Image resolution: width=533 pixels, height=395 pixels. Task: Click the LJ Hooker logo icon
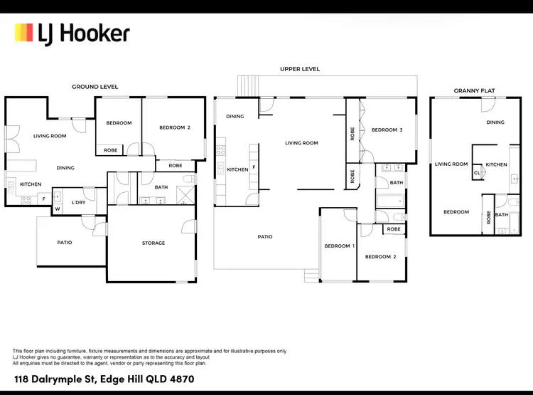tap(24, 33)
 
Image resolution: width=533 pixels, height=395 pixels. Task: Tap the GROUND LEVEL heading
tap(95, 87)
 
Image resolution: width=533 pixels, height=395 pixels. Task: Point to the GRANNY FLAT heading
tap(474, 91)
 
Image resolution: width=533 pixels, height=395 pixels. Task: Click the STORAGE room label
tap(153, 243)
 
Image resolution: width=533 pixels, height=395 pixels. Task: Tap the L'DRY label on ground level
tap(78, 203)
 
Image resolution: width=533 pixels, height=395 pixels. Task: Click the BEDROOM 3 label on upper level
tap(387, 130)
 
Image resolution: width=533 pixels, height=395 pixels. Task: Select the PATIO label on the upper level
tap(264, 237)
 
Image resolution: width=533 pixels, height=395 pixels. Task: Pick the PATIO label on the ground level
tap(64, 243)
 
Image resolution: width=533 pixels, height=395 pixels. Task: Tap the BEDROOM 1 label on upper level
tap(338, 246)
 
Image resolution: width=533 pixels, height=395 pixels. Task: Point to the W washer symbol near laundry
tap(57, 209)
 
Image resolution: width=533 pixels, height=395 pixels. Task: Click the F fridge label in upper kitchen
tap(254, 167)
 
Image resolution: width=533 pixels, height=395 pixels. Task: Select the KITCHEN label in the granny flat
tap(496, 164)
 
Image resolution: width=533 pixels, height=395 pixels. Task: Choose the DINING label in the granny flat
tap(495, 122)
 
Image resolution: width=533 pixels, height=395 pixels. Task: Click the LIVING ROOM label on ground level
tap(50, 135)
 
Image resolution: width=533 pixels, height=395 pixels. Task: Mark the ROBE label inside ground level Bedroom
tap(111, 150)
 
